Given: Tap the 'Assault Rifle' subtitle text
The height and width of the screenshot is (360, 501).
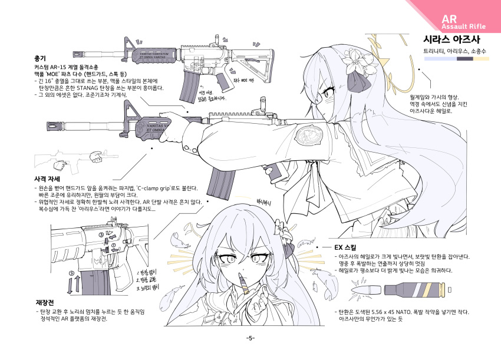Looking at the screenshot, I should click(x=462, y=27).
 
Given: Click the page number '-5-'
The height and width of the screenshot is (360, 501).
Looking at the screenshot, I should click(x=250, y=338).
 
